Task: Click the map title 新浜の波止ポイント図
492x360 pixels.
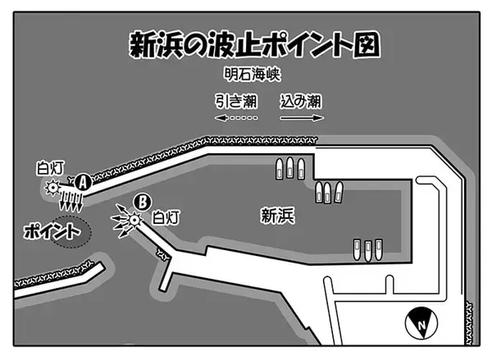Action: pyautogui.click(x=254, y=45)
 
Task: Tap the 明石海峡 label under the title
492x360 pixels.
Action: pyautogui.click(x=253, y=75)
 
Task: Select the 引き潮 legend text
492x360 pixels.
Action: pyautogui.click(x=236, y=101)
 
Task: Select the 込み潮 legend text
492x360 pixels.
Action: pyautogui.click(x=301, y=101)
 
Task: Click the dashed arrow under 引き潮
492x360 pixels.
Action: pyautogui.click(x=236, y=118)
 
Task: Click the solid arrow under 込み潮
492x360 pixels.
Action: pyautogui.click(x=302, y=118)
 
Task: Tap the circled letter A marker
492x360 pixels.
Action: pyautogui.click(x=83, y=182)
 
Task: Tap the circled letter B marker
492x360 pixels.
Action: pyautogui.click(x=143, y=202)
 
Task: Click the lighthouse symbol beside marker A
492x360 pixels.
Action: pyautogui.click(x=52, y=188)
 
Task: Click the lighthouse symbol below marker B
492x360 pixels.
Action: pyautogui.click(x=134, y=220)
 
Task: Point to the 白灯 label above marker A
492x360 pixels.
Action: pyautogui.click(x=51, y=167)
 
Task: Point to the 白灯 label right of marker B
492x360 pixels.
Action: pyautogui.click(x=166, y=217)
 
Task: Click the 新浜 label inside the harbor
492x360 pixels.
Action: pyautogui.click(x=278, y=216)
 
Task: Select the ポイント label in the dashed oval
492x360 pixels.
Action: pyautogui.click(x=52, y=231)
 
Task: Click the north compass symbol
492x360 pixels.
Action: pyautogui.click(x=421, y=323)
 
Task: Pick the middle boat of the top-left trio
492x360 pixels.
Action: pyautogui.click(x=289, y=168)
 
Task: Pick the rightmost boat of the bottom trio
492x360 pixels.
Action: pyautogui.click(x=379, y=250)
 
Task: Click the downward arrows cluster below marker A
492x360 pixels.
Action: pyautogui.click(x=71, y=200)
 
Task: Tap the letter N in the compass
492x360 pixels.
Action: pyautogui.click(x=422, y=325)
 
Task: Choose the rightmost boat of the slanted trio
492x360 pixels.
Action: pyautogui.click(x=339, y=192)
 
